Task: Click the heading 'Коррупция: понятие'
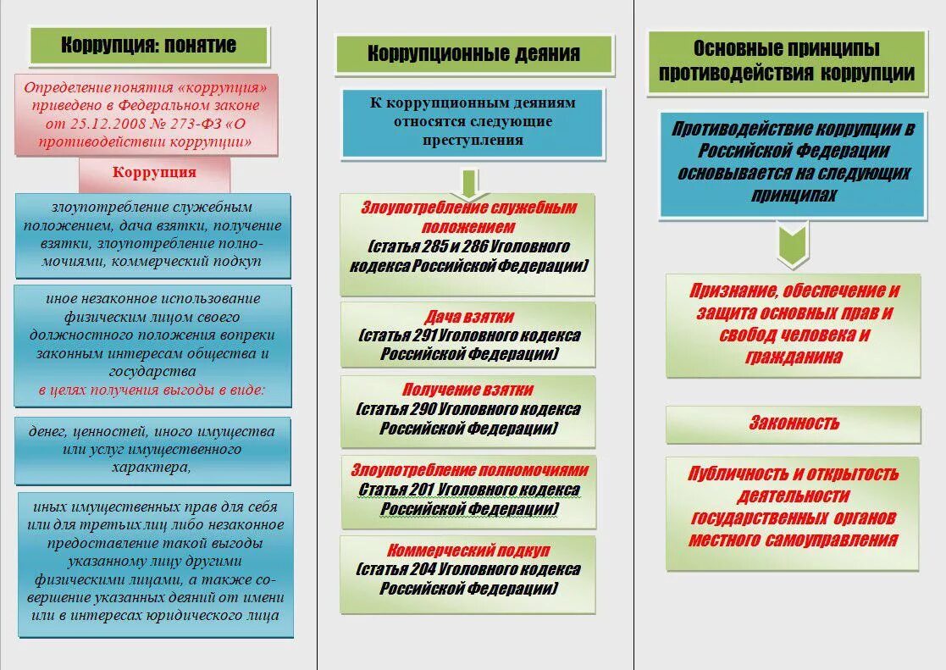(149, 45)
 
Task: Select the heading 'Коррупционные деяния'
(473, 53)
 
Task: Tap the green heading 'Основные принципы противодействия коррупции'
(786, 61)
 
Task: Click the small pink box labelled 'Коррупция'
(154, 173)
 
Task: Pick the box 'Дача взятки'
(468, 335)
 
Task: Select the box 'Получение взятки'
(468, 410)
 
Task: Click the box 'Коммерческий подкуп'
(468, 569)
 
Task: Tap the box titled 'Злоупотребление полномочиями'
(468, 490)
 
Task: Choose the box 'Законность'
(793, 424)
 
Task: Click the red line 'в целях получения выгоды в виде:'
(152, 390)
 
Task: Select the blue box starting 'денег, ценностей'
(152, 448)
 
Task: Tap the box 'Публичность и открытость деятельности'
(793, 507)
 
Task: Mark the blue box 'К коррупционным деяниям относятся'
(473, 121)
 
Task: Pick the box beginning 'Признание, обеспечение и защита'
(793, 324)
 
